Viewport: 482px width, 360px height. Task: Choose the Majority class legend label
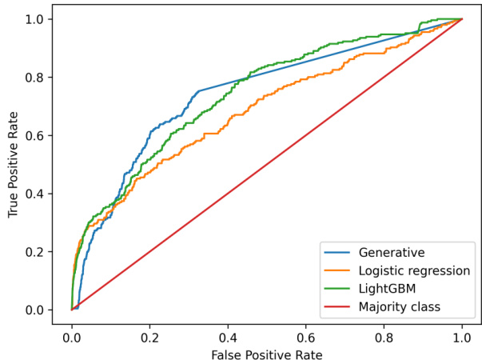pos(400,306)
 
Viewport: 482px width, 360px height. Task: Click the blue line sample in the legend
pos(338,254)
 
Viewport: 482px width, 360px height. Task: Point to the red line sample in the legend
pos(338,306)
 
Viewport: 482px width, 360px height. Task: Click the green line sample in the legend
pos(338,289)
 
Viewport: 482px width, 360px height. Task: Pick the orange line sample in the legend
pos(338,271)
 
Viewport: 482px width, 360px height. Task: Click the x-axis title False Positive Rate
pos(267,352)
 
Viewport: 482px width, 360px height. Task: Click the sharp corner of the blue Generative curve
pos(198,90)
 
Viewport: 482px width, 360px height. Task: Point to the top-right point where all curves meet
pos(463,18)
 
